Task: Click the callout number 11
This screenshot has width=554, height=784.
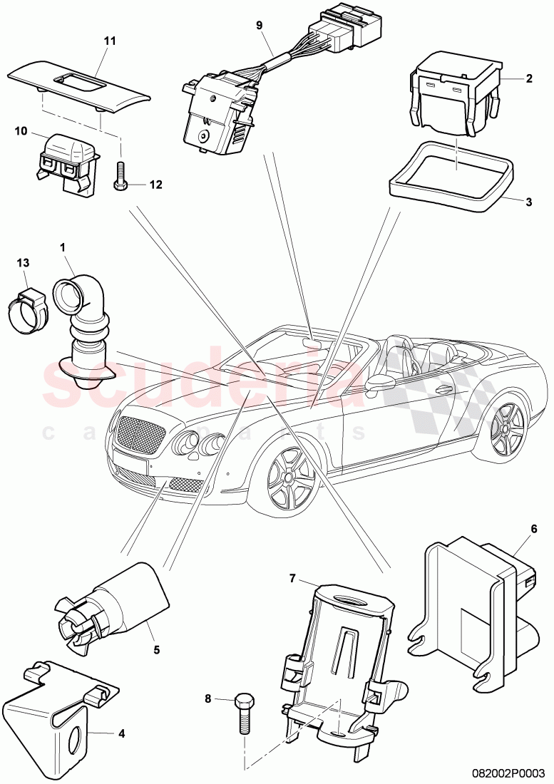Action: (x=109, y=41)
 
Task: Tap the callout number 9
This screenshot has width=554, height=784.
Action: (x=260, y=26)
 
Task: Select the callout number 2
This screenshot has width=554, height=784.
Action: (x=528, y=79)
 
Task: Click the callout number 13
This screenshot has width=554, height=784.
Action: (x=23, y=263)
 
